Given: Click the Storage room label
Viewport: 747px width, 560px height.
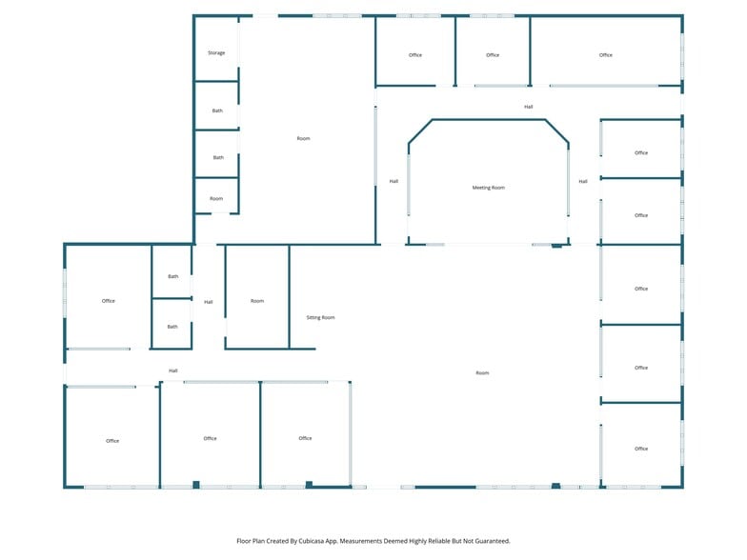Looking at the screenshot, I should click(216, 53).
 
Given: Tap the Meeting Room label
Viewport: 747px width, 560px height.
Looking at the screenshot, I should click(489, 188).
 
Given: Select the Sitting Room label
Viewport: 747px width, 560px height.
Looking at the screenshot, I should click(320, 317).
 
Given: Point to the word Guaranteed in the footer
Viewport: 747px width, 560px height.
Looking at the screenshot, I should click(489, 540).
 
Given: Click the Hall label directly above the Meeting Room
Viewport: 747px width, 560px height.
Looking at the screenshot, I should click(528, 107).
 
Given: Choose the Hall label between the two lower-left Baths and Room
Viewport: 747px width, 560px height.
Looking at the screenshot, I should click(208, 302).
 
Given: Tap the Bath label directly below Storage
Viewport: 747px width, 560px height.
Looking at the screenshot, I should click(217, 110).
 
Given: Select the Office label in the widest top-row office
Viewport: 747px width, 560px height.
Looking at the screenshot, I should click(606, 55).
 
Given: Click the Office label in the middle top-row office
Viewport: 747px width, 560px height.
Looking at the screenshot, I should click(493, 55).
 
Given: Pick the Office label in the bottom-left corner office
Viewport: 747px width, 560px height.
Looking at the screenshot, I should click(112, 441).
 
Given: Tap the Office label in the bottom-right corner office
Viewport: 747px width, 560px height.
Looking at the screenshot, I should click(641, 449).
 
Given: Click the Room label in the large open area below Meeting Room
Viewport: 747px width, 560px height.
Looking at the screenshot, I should click(482, 372).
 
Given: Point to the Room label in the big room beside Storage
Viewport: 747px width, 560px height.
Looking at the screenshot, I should click(303, 139).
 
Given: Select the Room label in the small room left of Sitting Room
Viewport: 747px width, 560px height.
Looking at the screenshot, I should click(257, 301).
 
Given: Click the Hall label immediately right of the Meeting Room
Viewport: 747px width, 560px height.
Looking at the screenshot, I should click(583, 181).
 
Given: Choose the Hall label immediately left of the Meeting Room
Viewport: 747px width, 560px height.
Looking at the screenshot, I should click(394, 181).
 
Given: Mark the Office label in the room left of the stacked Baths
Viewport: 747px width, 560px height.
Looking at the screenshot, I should click(109, 301).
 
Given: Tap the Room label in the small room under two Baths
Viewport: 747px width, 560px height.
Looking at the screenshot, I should click(216, 198).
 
